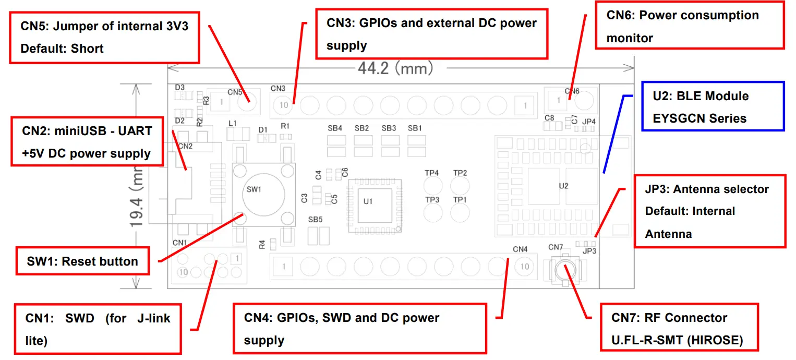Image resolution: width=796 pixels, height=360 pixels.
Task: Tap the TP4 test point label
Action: (432, 173)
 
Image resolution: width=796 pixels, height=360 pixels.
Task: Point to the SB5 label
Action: (315, 220)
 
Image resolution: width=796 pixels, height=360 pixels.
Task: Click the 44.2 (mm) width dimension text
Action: (395, 68)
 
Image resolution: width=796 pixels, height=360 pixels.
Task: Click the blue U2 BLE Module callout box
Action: (713, 106)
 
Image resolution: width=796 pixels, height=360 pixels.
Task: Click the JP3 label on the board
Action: (589, 251)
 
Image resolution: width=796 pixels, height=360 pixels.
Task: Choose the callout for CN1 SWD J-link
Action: (98, 329)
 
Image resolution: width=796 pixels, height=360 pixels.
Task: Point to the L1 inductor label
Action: (233, 123)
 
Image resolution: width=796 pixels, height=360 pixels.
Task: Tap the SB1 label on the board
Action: (415, 128)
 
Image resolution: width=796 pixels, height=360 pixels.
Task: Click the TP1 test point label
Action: (460, 200)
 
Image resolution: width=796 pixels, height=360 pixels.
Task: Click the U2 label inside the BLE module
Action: (563, 186)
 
